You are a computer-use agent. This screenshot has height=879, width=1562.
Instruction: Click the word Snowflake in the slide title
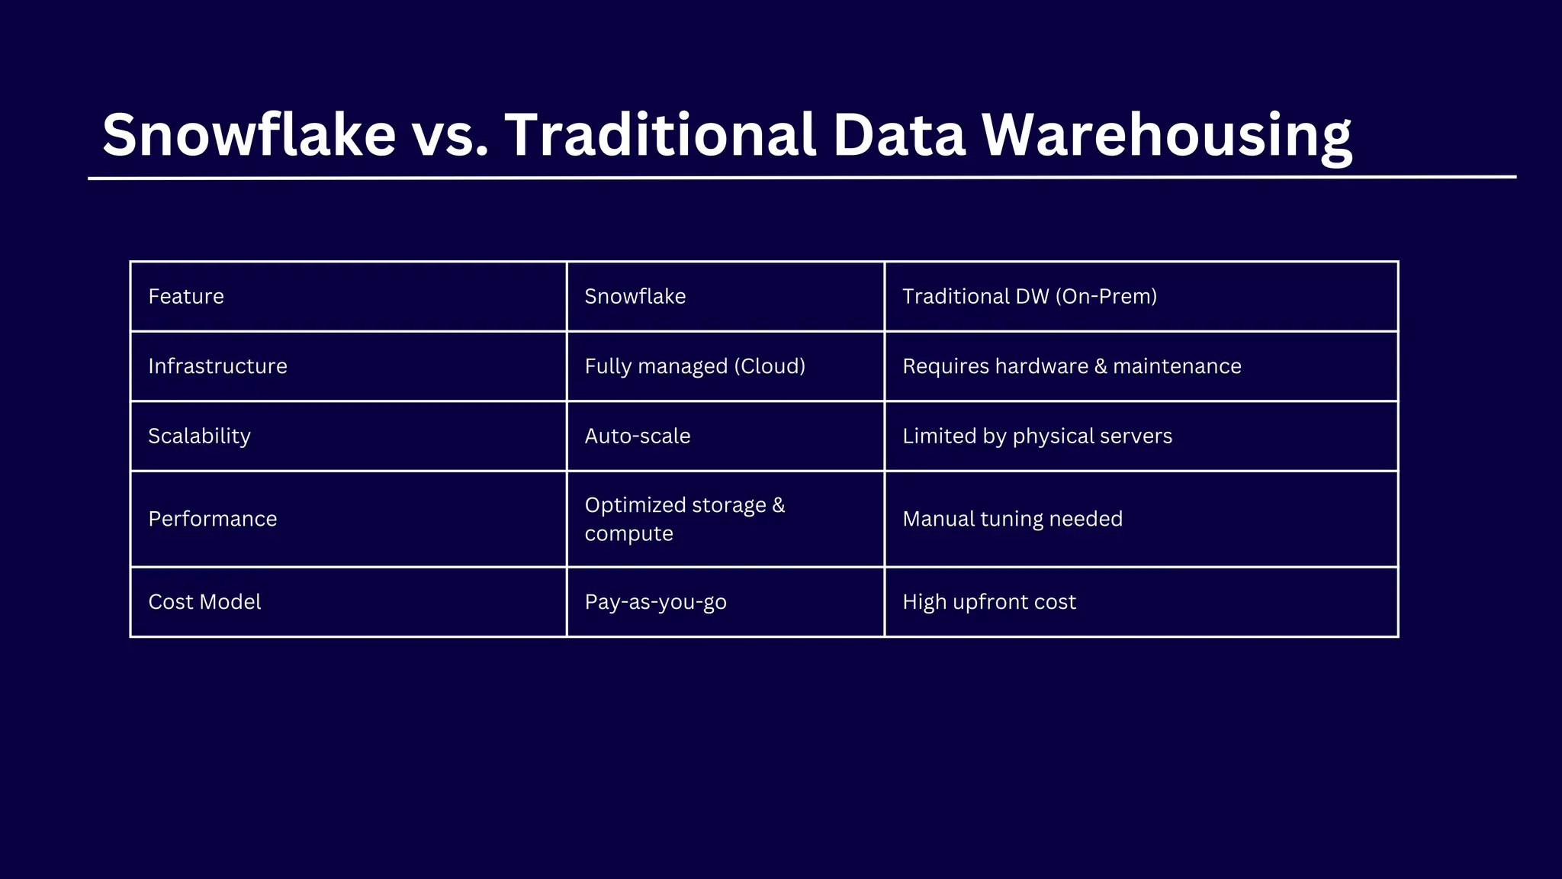click(249, 135)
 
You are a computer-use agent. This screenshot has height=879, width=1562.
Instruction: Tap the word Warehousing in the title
click(1166, 135)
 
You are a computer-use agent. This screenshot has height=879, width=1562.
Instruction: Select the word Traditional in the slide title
click(660, 135)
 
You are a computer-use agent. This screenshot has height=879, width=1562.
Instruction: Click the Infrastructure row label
click(217, 366)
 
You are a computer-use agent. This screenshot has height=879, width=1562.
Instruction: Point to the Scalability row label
click(199, 436)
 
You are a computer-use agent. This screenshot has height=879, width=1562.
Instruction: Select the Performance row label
click(213, 519)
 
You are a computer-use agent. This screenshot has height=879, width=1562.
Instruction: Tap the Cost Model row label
click(204, 602)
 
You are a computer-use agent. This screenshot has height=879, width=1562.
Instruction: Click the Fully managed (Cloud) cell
click(695, 366)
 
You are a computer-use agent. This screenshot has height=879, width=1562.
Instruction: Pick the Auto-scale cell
click(638, 436)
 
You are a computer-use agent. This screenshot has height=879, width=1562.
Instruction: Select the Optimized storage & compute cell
click(684, 519)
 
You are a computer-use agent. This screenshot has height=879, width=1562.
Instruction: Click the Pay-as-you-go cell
click(655, 602)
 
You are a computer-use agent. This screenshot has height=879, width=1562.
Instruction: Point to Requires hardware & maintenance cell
click(1072, 366)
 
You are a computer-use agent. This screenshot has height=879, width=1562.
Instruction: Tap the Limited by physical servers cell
click(1037, 436)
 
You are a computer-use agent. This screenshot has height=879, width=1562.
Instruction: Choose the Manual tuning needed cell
click(1012, 519)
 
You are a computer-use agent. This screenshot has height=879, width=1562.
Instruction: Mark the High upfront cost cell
click(989, 602)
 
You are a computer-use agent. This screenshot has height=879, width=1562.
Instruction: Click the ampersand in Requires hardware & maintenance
click(1101, 366)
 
